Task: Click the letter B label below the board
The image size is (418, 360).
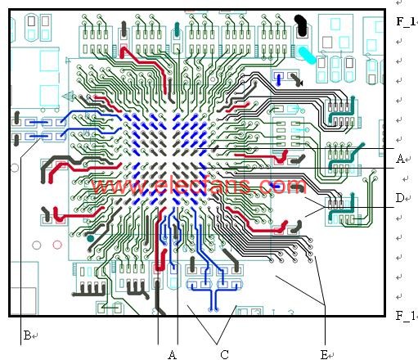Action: [x=26, y=335]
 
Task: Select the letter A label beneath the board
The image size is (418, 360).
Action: [x=171, y=354]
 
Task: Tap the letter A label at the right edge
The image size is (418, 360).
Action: [x=400, y=159]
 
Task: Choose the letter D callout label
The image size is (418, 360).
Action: [x=400, y=198]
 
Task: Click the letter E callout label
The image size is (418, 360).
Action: [x=324, y=354]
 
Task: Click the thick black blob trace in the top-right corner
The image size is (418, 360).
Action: [x=302, y=25]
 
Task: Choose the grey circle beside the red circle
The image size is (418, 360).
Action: [x=37, y=245]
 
